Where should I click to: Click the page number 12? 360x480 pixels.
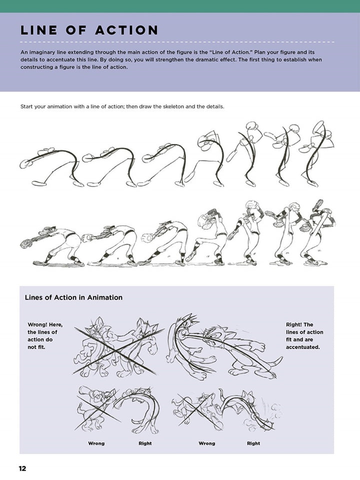(22, 468)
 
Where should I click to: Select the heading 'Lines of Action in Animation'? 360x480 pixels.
(73, 297)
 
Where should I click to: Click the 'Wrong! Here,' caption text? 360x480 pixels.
(45, 324)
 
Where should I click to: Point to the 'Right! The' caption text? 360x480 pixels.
(299, 324)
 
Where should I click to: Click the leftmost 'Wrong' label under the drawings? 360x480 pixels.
(96, 443)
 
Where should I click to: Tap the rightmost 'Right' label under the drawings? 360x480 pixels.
(253, 443)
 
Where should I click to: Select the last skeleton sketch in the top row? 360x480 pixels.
(316, 152)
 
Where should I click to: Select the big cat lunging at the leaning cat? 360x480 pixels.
(225, 345)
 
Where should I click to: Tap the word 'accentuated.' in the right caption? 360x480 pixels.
(303, 346)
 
